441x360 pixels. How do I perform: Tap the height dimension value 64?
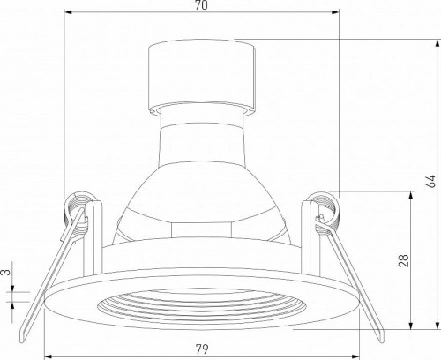431,183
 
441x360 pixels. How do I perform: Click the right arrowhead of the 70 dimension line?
336,14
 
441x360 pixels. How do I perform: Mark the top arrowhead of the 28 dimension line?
408,196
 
